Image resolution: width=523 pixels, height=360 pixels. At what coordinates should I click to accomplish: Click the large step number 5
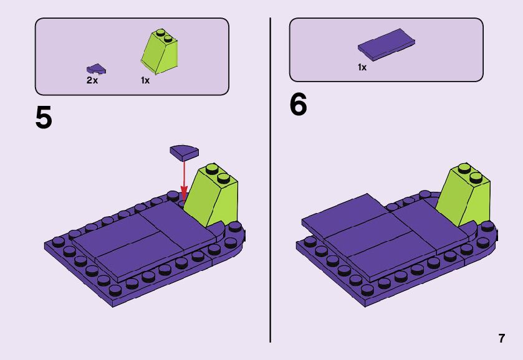[x=44, y=117]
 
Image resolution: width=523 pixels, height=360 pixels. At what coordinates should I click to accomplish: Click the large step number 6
[x=298, y=105]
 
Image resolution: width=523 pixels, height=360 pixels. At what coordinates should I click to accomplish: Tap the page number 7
[x=502, y=338]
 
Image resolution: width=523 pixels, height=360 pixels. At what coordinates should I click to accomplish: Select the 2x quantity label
[x=92, y=80]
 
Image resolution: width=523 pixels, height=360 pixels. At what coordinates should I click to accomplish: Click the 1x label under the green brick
[x=145, y=80]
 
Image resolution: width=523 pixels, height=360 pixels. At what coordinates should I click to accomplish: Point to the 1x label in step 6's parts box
[x=362, y=67]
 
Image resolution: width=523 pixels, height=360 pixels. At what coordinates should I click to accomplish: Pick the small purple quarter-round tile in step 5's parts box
[x=96, y=69]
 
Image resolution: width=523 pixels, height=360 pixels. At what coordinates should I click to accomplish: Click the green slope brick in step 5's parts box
[x=159, y=51]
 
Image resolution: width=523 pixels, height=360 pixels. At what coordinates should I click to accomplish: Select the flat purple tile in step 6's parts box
[x=386, y=45]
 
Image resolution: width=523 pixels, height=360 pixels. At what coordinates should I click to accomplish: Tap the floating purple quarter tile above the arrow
[x=184, y=152]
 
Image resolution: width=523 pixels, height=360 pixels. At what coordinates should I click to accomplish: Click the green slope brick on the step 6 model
[x=464, y=196]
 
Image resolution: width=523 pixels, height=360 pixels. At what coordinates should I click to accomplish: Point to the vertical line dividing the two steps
[x=270, y=180]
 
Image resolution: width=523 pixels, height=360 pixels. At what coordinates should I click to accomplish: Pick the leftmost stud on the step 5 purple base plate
[x=59, y=242]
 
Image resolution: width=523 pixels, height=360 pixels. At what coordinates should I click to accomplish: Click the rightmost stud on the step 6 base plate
[x=487, y=226]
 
